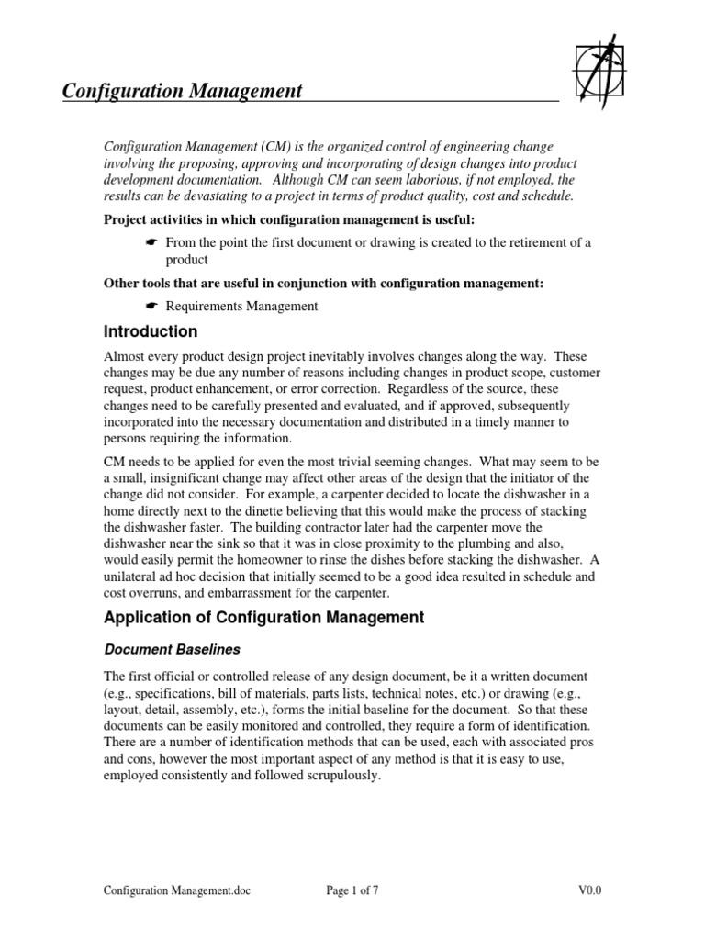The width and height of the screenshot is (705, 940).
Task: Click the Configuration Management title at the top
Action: coord(182,91)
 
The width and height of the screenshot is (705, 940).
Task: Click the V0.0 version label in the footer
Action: coord(589,890)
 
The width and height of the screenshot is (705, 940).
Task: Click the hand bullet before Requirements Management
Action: coord(151,306)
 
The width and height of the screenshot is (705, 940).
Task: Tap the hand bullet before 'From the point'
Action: coord(151,241)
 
